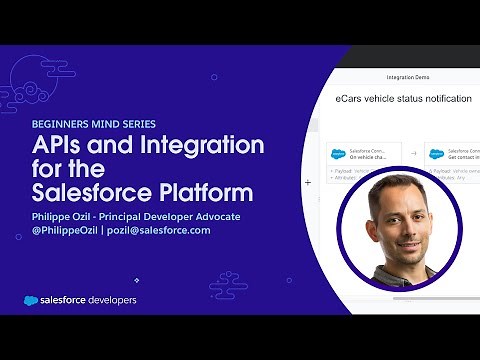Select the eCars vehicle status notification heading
pyautogui.click(x=405, y=100)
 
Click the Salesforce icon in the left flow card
pyautogui.click(x=338, y=154)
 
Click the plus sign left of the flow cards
pyautogui.click(x=308, y=182)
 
